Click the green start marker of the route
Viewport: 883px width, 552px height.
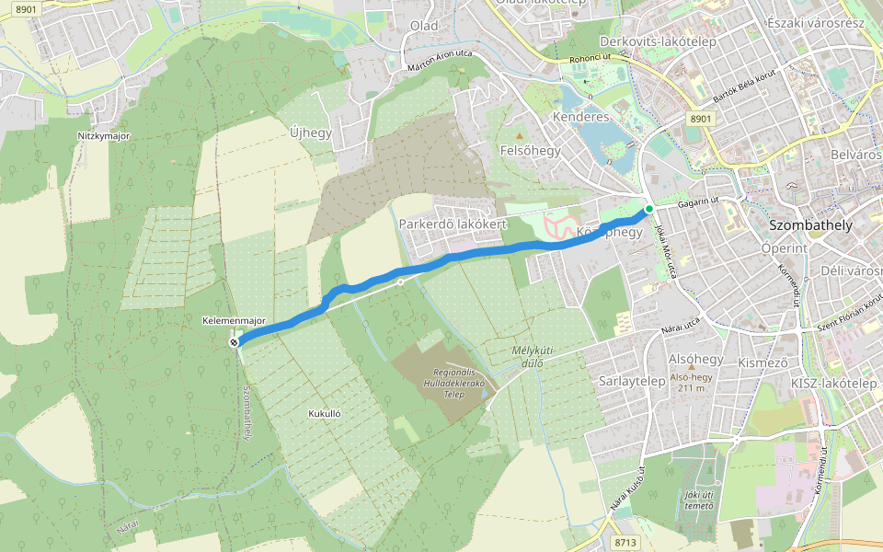[649, 210]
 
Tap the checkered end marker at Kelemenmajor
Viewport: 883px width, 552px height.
[234, 342]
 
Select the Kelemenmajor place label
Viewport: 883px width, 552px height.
[235, 320]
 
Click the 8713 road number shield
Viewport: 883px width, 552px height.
[625, 543]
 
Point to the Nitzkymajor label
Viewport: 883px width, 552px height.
[103, 136]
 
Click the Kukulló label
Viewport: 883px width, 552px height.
[325, 414]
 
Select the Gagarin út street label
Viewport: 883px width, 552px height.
[697, 202]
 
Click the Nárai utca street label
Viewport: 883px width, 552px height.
[681, 323]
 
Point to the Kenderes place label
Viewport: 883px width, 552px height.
[580, 118]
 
